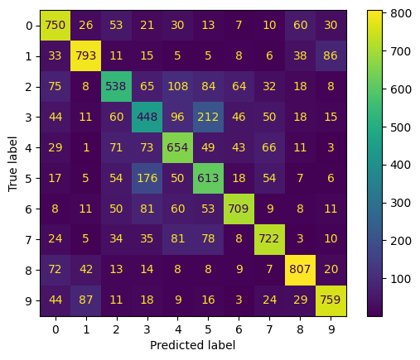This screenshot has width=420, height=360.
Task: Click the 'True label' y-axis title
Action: point(12,164)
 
